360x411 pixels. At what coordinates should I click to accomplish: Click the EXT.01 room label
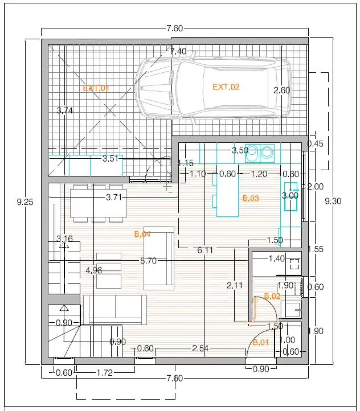click(x=96, y=88)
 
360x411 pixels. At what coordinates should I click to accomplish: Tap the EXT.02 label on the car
click(x=226, y=87)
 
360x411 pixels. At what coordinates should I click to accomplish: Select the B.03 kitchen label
click(x=251, y=199)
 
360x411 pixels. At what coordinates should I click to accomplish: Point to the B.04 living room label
click(x=142, y=234)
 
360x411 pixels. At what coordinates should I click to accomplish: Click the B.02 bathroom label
click(x=272, y=296)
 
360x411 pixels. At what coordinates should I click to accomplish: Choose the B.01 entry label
click(x=261, y=342)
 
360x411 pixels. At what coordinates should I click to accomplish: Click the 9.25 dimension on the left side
click(x=25, y=202)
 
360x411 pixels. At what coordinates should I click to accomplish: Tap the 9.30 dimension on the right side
click(x=333, y=201)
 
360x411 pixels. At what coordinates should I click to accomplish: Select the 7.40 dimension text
click(x=178, y=51)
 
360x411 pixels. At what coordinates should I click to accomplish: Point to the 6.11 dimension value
click(x=204, y=250)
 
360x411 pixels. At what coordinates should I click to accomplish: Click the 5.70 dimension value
click(x=149, y=261)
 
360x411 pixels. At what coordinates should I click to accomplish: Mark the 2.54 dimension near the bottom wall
click(x=201, y=348)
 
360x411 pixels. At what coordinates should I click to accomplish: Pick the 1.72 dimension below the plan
click(x=105, y=372)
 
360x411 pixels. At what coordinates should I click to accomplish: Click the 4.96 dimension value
click(x=93, y=270)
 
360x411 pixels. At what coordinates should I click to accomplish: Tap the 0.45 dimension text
click(x=315, y=143)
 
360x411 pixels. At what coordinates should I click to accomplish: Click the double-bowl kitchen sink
click(x=260, y=153)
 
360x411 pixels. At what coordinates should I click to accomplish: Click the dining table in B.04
click(x=99, y=203)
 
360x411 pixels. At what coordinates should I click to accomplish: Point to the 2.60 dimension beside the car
click(x=282, y=91)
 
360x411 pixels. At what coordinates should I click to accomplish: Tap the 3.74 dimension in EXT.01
click(x=64, y=110)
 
